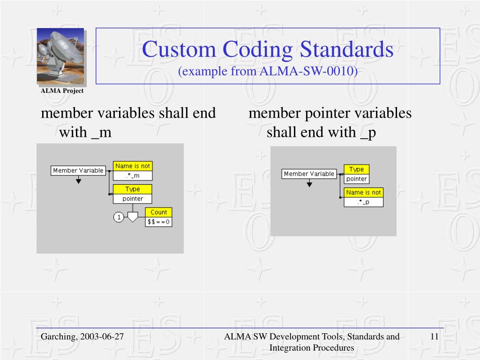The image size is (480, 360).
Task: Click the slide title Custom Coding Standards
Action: pos(268,49)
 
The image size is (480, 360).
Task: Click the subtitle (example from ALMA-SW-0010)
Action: pos(268,71)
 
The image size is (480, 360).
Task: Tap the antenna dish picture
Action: pos(60,56)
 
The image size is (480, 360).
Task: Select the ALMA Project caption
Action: pos(62,91)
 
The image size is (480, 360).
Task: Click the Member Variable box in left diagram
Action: pos(78,171)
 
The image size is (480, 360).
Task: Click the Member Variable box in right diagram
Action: pos(309,174)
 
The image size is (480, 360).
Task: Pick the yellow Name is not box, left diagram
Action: pos(133,166)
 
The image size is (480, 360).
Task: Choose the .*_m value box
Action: pos(133,176)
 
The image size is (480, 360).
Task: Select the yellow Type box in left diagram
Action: pos(133,189)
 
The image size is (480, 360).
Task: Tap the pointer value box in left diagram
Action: pos(133,199)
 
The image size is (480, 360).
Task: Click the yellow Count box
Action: pos(158,212)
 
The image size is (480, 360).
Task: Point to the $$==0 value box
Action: pos(158,222)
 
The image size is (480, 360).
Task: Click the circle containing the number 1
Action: pos(119,217)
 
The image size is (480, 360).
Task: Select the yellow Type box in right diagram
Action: pos(356,169)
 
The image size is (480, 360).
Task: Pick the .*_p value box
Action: pos(364,202)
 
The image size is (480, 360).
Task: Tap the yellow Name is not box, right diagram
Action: pos(364,193)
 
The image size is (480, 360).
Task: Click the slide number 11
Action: pos(434,337)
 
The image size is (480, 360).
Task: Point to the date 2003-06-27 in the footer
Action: pos(102,337)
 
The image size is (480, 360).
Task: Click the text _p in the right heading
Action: pos(368,133)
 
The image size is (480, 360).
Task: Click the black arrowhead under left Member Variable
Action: pos(78,180)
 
